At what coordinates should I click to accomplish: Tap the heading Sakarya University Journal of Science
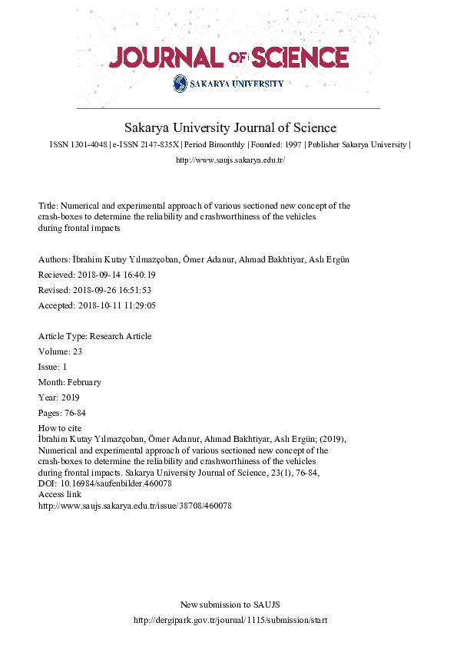click(230, 127)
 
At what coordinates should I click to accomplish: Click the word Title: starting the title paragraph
click(48, 206)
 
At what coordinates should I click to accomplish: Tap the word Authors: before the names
click(55, 259)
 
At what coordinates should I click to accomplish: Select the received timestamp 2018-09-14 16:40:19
click(114, 274)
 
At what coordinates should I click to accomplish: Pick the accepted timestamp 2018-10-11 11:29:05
click(115, 305)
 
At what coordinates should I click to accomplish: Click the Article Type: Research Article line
click(94, 336)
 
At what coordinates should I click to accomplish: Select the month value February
click(81, 382)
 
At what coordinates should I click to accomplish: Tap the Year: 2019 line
click(58, 397)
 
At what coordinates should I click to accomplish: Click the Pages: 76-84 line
click(61, 413)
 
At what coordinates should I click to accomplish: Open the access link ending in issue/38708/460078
click(134, 506)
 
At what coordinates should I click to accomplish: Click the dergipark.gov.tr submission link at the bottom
click(230, 620)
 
